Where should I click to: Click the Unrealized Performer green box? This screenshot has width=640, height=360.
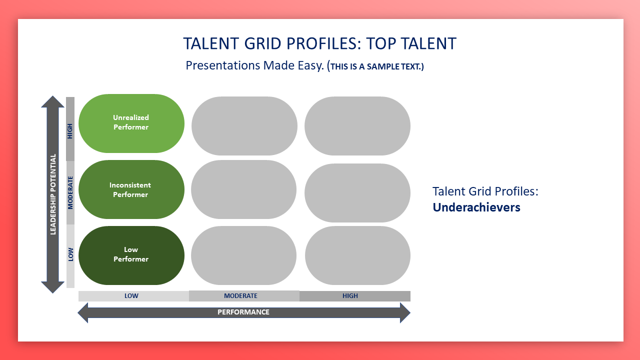(x=131, y=123)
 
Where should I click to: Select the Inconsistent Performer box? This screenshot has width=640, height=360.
(x=131, y=189)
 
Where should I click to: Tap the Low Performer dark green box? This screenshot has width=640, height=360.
(x=131, y=255)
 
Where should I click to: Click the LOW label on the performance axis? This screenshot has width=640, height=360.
(x=131, y=295)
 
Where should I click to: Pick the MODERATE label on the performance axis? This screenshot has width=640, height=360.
(x=240, y=295)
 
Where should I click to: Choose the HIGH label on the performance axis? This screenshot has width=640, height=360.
(x=350, y=295)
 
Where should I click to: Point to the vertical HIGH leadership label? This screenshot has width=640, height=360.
(x=70, y=131)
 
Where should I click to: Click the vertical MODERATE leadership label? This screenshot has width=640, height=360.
(x=70, y=193)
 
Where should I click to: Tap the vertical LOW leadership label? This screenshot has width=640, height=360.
(x=70, y=254)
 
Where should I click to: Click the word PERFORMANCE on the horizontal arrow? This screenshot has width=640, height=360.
(x=243, y=312)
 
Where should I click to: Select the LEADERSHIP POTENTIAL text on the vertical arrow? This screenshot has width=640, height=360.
(x=53, y=194)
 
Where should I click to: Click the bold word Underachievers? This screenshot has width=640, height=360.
(x=476, y=207)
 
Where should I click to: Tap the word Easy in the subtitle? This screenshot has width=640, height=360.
(x=310, y=65)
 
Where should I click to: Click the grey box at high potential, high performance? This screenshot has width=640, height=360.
(x=357, y=126)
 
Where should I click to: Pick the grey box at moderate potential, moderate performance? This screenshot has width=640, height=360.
(x=243, y=189)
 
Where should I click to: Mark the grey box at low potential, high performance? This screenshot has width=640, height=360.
(x=357, y=255)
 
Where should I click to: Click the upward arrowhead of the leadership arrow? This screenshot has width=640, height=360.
(x=52, y=101)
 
